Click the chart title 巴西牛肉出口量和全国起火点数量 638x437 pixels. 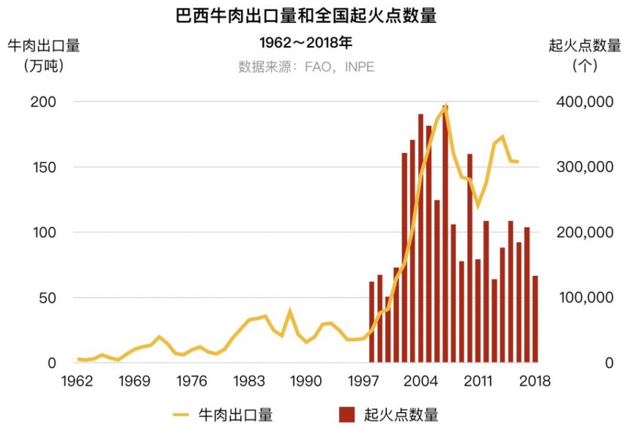coord(306,16)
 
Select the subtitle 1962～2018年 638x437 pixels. coord(306,43)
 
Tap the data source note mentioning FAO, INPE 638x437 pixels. coord(306,67)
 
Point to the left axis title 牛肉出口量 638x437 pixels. coord(44,45)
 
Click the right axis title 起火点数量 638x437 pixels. coord(584,45)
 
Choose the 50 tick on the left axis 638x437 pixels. coord(47,298)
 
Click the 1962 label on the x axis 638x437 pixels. coord(77,381)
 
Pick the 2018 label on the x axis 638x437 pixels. coord(535,381)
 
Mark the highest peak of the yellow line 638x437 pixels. coord(445,106)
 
